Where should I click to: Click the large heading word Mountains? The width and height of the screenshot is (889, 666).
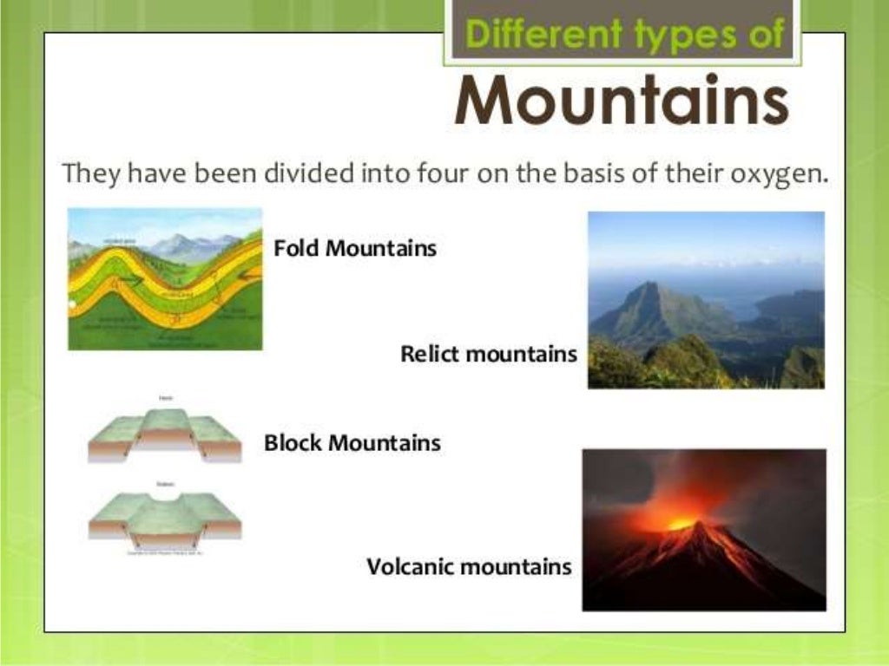pos(622,101)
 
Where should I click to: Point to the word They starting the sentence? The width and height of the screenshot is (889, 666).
pos(89,174)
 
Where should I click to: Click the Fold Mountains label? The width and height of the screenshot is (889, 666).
pos(355,249)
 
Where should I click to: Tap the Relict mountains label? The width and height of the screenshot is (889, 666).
pos(488,354)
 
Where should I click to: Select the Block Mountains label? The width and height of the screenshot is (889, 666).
pos(352,443)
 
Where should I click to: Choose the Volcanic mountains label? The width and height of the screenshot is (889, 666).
pos(469,567)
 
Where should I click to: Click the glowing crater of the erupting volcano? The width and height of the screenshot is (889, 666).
pos(681,523)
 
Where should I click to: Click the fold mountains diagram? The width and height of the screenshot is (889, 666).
pos(165,279)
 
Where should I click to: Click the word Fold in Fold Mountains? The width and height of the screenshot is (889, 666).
pos(293,249)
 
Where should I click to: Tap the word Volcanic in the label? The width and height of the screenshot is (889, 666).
pos(410,567)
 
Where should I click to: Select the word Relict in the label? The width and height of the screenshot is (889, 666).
pos(427,354)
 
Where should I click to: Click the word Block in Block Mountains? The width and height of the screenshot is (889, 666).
pos(292,443)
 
